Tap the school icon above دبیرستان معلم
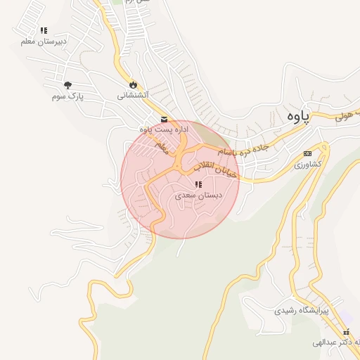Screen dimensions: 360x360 (44, 30)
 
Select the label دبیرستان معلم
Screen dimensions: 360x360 (44, 41)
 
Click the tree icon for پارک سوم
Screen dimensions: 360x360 (67, 85)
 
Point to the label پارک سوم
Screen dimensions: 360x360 (67, 96)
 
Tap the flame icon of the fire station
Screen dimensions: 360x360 (131, 84)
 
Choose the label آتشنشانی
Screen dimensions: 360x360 (131, 94)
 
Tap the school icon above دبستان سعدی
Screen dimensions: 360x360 (198, 184)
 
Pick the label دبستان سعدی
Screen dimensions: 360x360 (198, 195)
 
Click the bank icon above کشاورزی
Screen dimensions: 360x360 (307, 153)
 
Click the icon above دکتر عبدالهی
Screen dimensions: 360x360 (345, 332)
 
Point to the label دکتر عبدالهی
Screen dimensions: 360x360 (339, 342)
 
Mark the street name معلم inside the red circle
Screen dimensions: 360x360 (162, 147)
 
